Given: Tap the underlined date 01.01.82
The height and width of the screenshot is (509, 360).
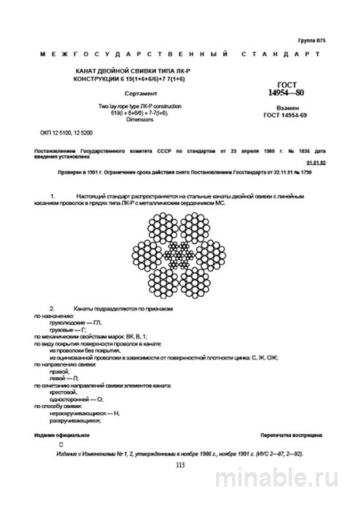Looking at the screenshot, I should pyautogui.click(x=314, y=160).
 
